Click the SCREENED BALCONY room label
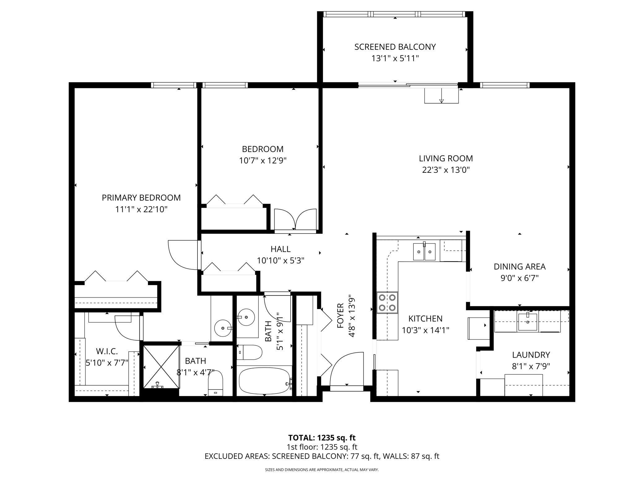point(395,47)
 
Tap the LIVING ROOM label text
point(446,159)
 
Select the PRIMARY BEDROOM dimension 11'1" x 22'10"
point(141,210)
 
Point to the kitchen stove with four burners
point(387,302)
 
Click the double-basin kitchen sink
point(424,251)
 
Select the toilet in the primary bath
point(215,383)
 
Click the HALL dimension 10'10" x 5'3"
point(281,261)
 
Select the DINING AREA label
point(520,267)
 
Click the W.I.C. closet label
point(107,351)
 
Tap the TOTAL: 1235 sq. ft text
point(322,438)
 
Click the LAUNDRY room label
point(531,355)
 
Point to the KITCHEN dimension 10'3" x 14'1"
point(425,330)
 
